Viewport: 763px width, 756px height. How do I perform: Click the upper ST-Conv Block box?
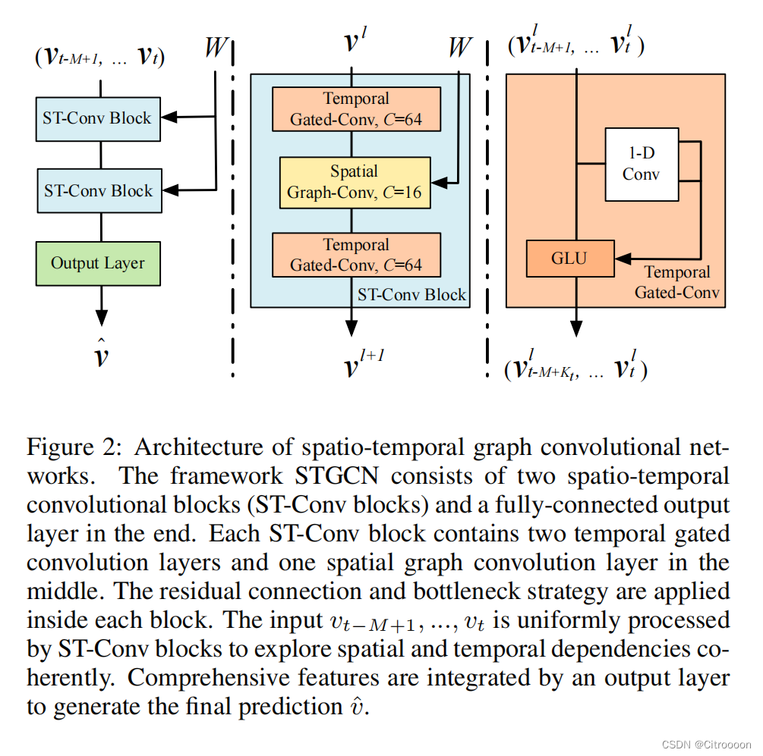(x=98, y=118)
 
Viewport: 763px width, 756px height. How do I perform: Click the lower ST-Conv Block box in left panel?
(x=98, y=190)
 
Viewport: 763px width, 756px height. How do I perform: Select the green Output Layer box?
(x=98, y=263)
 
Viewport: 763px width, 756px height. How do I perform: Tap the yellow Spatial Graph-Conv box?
(x=355, y=183)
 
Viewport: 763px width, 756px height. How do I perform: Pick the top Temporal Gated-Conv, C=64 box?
(x=355, y=108)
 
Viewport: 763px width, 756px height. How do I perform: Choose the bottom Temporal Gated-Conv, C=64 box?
(x=355, y=255)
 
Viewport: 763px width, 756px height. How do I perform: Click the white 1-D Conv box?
(x=642, y=164)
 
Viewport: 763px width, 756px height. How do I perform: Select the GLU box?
(x=569, y=258)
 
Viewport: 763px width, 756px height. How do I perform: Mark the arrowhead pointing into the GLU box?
(x=621, y=259)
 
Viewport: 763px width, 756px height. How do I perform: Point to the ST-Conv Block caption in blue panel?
(x=411, y=295)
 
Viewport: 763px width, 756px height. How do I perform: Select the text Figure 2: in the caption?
(x=71, y=447)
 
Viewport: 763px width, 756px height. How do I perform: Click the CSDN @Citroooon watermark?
(x=705, y=745)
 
